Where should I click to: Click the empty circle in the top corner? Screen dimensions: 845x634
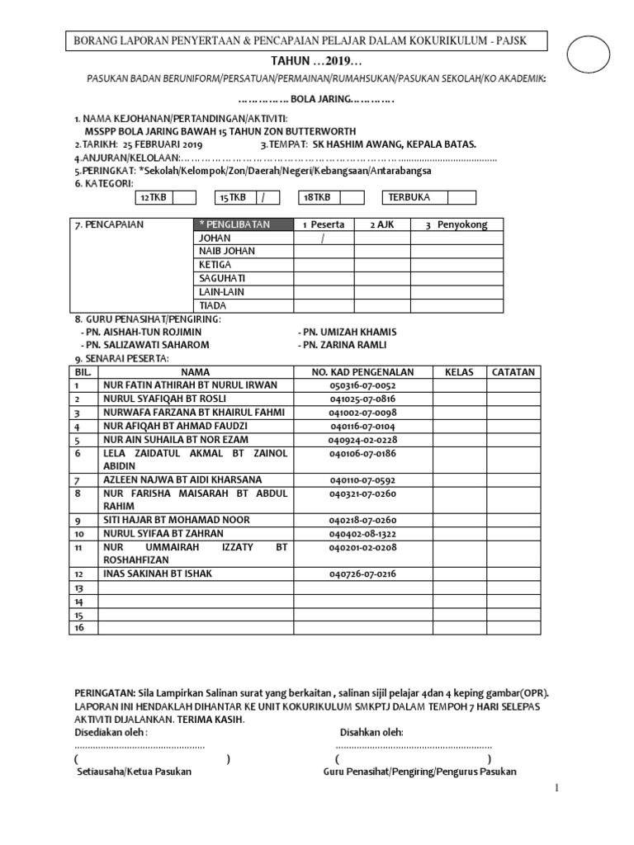(596, 56)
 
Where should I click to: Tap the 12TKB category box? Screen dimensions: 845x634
(153, 197)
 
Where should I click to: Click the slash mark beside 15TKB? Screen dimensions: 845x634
(263, 197)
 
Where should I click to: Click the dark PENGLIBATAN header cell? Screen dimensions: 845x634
(242, 224)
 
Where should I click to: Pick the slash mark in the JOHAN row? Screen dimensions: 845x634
(324, 238)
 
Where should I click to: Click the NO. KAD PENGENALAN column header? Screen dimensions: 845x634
(362, 372)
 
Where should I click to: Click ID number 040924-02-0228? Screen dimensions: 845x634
(362, 440)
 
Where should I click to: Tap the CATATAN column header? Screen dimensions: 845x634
(513, 372)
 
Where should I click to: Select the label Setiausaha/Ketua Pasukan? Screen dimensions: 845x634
(134, 772)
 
